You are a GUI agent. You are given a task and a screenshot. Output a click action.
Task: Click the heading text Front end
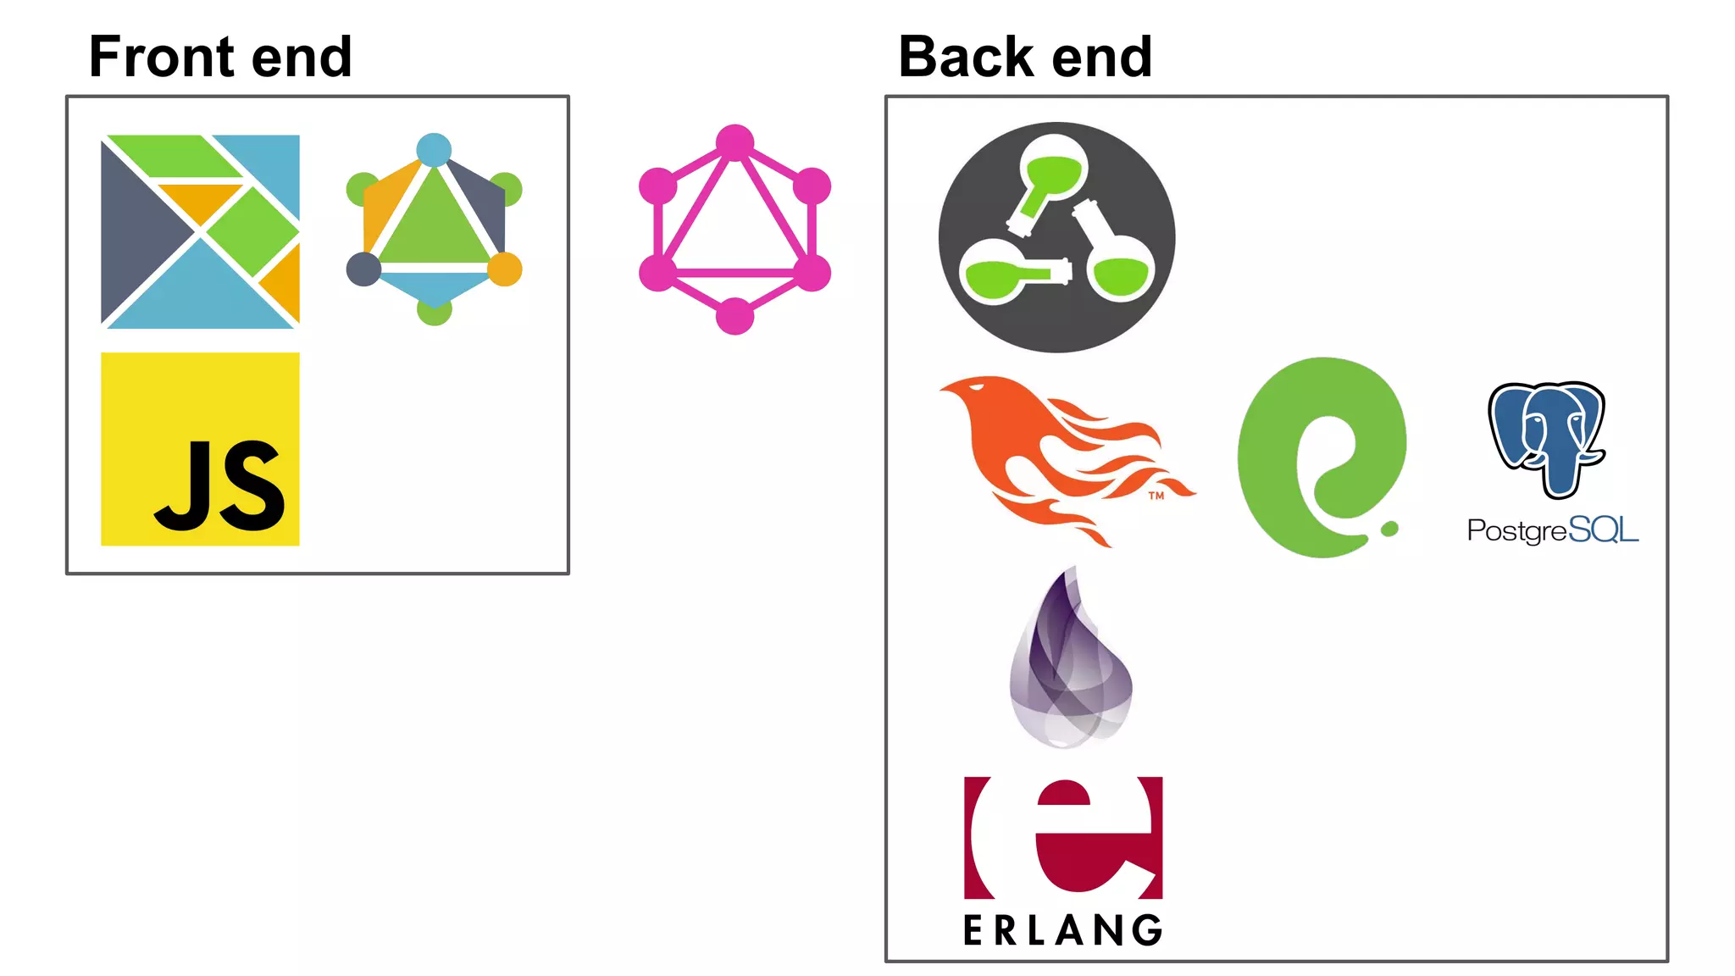(220, 57)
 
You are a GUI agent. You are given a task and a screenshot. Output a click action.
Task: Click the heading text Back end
(1025, 57)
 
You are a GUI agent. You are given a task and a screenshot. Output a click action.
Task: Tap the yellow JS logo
(200, 449)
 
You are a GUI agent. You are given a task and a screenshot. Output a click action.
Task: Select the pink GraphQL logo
(734, 230)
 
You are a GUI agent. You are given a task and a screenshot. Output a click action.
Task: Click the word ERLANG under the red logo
(1063, 930)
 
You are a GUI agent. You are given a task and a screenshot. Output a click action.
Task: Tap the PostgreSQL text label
(1552, 530)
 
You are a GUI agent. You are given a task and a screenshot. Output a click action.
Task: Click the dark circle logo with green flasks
(1056, 237)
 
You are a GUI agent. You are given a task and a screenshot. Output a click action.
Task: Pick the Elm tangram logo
(200, 230)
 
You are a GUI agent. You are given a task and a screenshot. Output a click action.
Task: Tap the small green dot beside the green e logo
(1389, 530)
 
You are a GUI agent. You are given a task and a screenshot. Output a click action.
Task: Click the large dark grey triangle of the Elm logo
(140, 230)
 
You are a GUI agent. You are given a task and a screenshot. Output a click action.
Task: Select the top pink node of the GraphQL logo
(734, 142)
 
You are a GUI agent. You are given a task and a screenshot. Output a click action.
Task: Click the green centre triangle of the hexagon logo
(434, 225)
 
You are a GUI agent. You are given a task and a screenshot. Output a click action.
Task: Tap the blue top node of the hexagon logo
(434, 150)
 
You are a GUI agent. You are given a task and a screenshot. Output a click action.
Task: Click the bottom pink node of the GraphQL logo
(734, 317)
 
